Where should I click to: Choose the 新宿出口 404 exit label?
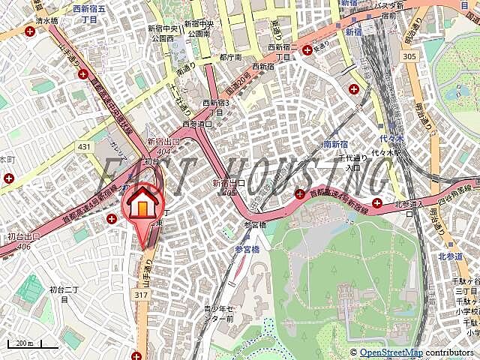[x=163, y=145]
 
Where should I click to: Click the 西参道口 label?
[x=196, y=124]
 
